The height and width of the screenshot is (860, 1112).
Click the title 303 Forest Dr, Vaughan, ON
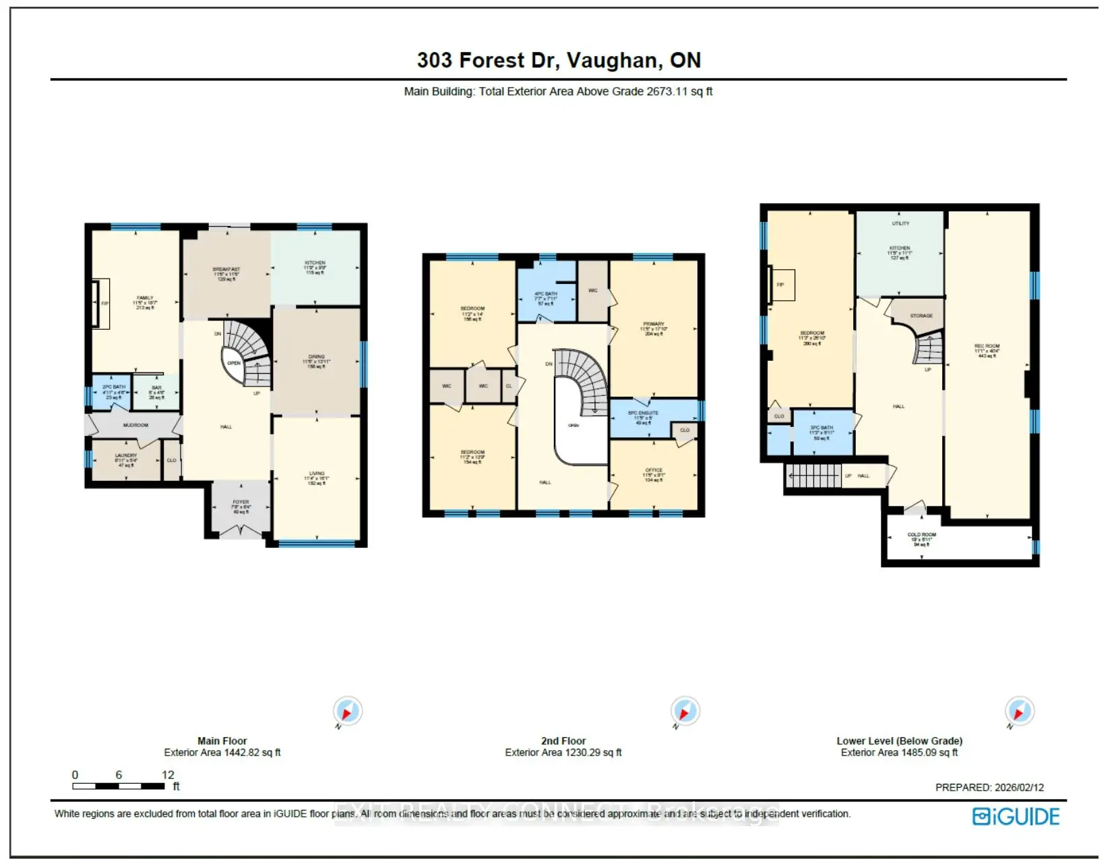pyautogui.click(x=559, y=60)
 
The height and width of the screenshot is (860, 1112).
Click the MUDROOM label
pyautogui.click(x=135, y=425)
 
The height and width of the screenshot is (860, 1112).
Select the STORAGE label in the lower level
pyautogui.click(x=921, y=316)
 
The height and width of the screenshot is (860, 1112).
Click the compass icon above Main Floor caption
pyautogui.click(x=347, y=712)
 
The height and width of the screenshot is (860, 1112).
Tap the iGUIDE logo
pyautogui.click(x=1016, y=817)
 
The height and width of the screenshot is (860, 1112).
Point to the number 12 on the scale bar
pyautogui.click(x=168, y=775)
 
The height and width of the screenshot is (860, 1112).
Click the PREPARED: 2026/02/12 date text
pyautogui.click(x=989, y=787)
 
